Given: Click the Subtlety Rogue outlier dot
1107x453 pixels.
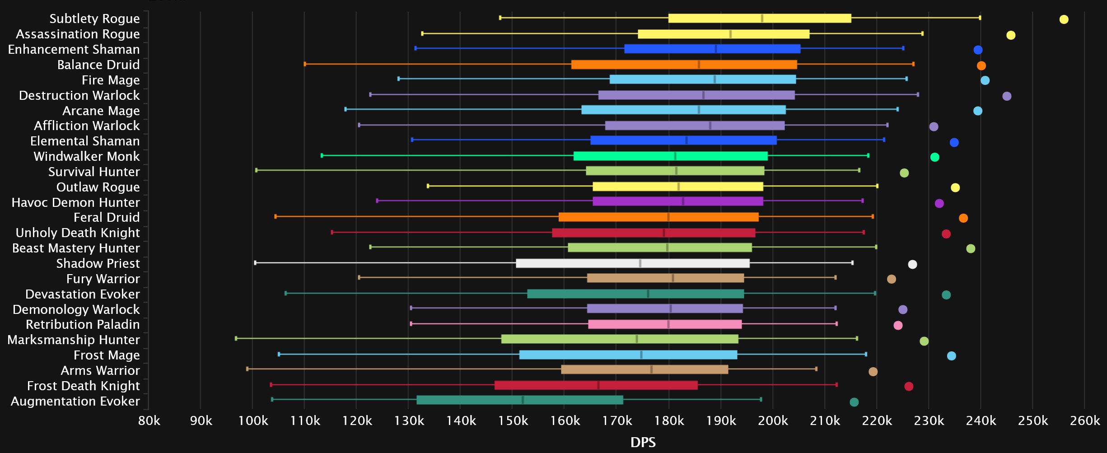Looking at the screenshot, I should (1064, 19).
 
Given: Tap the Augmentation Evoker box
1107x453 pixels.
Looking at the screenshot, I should (519, 400).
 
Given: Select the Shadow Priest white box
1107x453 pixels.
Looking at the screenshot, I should (632, 263).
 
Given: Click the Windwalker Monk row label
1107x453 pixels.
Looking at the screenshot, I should (87, 156).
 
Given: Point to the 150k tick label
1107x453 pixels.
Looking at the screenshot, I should (513, 421).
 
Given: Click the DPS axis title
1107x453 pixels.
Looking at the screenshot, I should (643, 442).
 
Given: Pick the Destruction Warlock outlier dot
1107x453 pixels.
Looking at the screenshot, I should (1007, 96).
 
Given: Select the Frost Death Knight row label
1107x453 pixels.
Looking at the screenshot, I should (83, 386).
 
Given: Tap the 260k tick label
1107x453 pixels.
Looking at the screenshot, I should (1085, 421).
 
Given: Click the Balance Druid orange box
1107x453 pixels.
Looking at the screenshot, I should (684, 65).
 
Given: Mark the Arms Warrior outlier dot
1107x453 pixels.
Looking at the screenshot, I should (873, 372).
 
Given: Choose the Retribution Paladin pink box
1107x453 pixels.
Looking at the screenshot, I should (665, 324).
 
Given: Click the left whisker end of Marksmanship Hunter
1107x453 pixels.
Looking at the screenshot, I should (236, 338).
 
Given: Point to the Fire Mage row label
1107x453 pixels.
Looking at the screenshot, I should (111, 80).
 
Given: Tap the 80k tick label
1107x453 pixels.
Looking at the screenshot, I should (149, 421).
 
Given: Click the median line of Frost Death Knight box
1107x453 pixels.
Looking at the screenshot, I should (598, 385).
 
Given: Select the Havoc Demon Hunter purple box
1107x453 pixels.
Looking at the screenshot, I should (677, 201).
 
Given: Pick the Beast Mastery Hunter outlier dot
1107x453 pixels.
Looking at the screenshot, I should (971, 248).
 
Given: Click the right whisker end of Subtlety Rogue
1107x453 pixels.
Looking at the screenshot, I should (980, 18).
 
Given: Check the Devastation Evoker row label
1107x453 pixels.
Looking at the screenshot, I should (83, 294).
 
